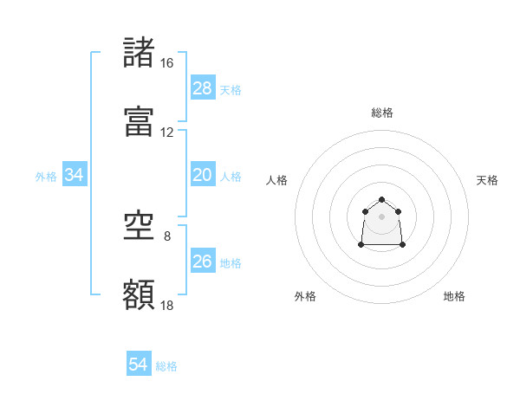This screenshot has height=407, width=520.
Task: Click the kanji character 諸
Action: pyautogui.click(x=140, y=53)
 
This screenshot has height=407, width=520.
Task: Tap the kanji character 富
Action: pyautogui.click(x=140, y=122)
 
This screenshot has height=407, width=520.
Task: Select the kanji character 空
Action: pyautogui.click(x=140, y=227)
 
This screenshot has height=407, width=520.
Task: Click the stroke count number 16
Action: pyautogui.click(x=166, y=63)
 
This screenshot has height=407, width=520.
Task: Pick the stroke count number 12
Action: pyautogui.click(x=166, y=132)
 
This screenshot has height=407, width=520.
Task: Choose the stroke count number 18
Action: pyautogui.click(x=166, y=306)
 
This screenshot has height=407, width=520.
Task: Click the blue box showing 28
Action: pyautogui.click(x=202, y=88)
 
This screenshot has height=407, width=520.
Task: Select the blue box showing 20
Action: pyautogui.click(x=202, y=175)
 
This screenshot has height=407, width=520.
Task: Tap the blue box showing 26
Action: pyautogui.click(x=202, y=262)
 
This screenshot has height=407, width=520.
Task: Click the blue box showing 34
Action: pyautogui.click(x=75, y=175)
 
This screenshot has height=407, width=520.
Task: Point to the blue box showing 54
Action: pyautogui.click(x=139, y=365)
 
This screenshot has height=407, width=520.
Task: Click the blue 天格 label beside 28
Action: pyautogui.click(x=231, y=90)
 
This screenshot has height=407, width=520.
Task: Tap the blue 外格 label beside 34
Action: pyautogui.click(x=46, y=177)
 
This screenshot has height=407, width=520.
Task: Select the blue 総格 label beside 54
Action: pyautogui.click(x=167, y=367)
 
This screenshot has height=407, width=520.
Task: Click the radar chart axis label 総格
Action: pyautogui.click(x=382, y=113)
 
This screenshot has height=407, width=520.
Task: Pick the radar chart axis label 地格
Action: pyautogui.click(x=454, y=296)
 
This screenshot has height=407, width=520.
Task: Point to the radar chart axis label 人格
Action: pyautogui.click(x=277, y=180)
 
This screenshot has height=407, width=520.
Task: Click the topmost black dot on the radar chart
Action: pyautogui.click(x=381, y=200)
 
